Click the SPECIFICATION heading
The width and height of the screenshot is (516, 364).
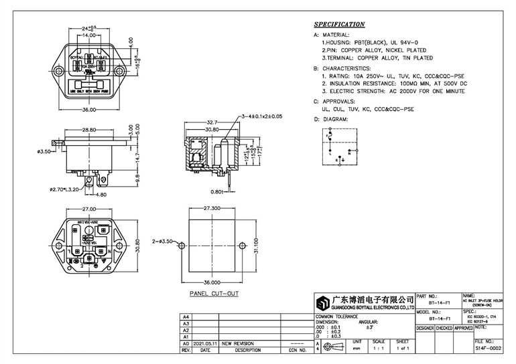(x=339, y=24)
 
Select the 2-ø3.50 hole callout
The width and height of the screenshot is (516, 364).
(x=163, y=240)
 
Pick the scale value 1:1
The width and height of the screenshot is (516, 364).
(x=378, y=349)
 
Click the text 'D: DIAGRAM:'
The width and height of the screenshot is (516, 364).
(x=331, y=118)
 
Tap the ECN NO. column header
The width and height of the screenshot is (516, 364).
(x=296, y=349)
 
